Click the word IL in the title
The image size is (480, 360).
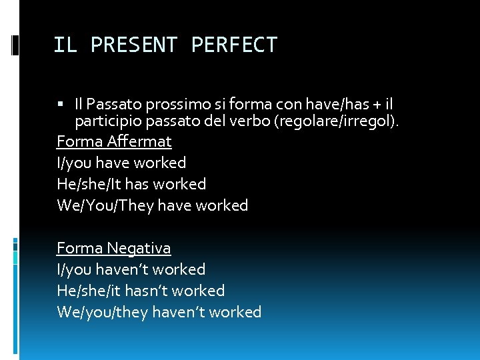pyautogui.click(x=65, y=45)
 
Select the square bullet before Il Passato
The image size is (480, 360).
pyautogui.click(x=61, y=103)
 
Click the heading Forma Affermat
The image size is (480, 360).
pyautogui.click(x=114, y=141)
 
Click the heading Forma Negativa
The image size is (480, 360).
pyautogui.click(x=114, y=248)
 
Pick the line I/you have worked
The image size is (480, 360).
pyautogui.click(x=121, y=163)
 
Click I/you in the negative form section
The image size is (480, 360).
pyautogui.click(x=74, y=269)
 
